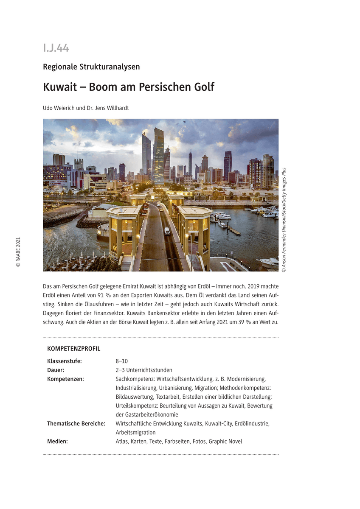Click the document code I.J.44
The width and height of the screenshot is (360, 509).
point(56,48)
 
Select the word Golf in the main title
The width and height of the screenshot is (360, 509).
point(202,87)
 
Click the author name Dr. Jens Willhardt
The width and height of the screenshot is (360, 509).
point(108,108)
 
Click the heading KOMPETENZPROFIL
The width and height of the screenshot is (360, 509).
point(74,349)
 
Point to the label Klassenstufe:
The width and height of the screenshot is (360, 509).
point(65,361)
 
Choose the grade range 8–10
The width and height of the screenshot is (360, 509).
point(122,361)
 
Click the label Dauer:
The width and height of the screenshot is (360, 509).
point(56,370)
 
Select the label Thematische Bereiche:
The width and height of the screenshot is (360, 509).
point(76,424)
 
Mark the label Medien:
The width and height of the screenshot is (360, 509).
point(57,442)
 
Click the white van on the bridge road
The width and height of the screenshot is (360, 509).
point(167,231)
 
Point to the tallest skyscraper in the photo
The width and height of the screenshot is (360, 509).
point(158,153)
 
